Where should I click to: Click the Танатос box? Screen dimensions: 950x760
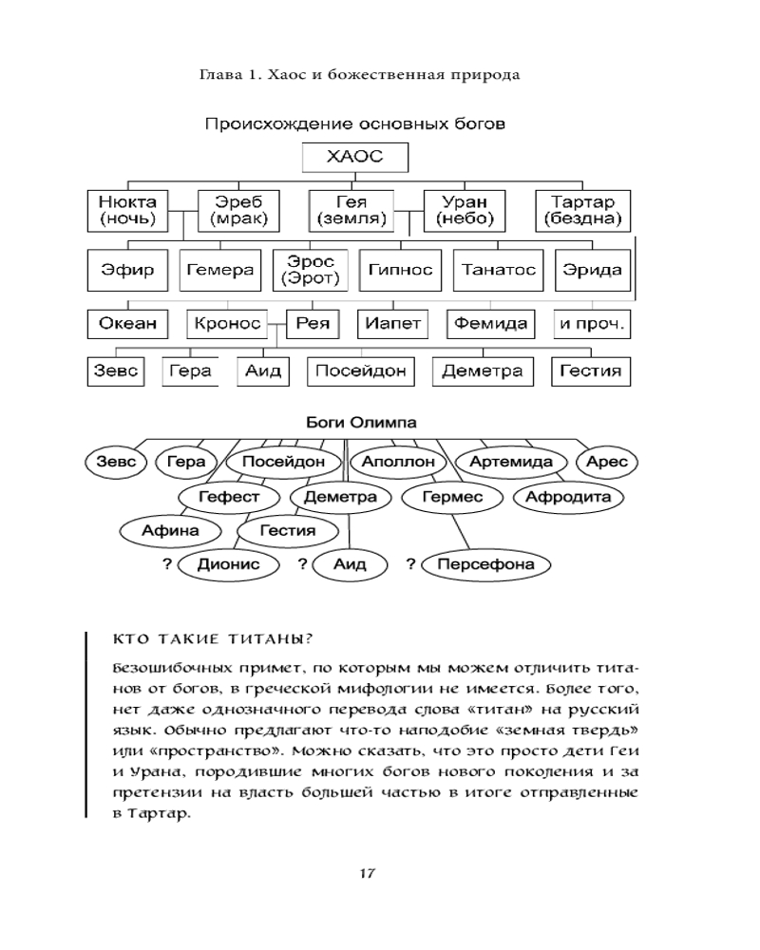[498, 270]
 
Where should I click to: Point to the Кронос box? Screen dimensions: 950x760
[227, 323]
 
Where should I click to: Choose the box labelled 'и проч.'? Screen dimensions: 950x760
[591, 323]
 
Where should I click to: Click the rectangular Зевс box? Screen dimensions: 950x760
[114, 370]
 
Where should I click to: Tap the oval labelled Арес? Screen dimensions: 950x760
[607, 462]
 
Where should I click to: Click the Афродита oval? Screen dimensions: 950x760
[568, 497]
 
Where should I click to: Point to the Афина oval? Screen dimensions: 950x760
[170, 530]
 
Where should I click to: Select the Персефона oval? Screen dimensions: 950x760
[485, 564]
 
